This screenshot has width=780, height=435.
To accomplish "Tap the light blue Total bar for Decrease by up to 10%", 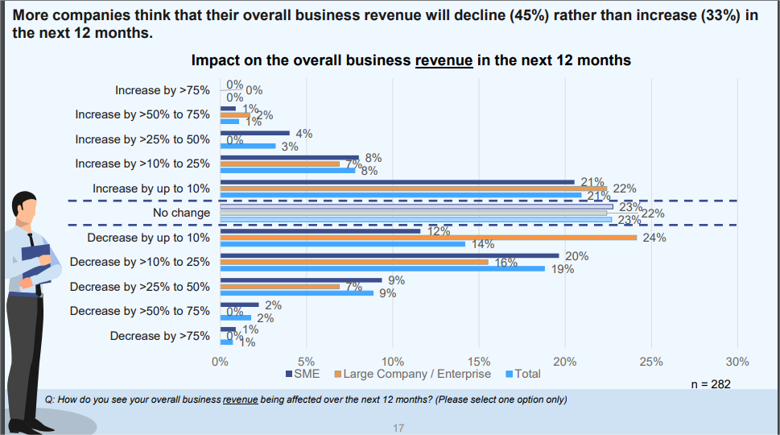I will coord(342,243).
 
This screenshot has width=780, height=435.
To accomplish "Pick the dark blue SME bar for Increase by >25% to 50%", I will coord(254,132).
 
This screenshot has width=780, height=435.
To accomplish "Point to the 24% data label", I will coord(654,238).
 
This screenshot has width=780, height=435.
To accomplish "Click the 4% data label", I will coord(304,134).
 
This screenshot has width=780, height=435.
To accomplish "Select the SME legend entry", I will coord(303,374).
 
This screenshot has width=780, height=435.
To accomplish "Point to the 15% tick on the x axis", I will coord(479,362).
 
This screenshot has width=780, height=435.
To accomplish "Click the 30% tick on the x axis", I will coord(737,362).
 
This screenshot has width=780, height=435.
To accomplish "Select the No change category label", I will coord(181,213).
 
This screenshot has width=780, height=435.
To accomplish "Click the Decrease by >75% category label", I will coord(159,336).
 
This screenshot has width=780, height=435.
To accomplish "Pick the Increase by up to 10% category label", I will coord(151,188).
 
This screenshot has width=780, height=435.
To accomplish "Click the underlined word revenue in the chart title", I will coord(444,60).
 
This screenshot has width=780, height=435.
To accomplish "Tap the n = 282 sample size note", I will coord(711,384).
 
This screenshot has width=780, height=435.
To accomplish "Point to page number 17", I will coord(398,428).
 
